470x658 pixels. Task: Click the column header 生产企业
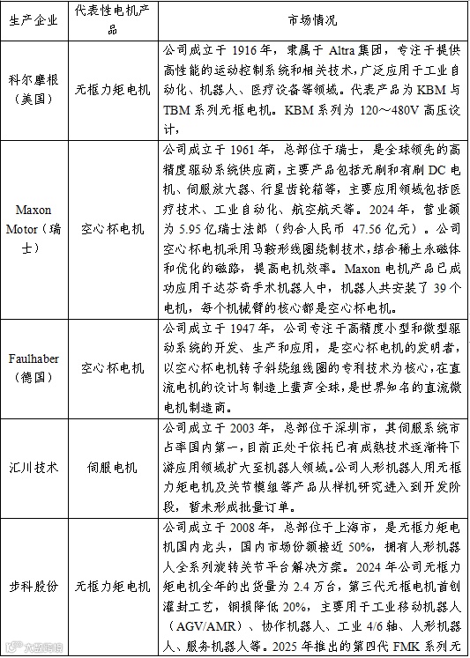pos(34,19)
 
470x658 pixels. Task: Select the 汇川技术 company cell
pos(34,468)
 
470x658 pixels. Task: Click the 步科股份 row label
pos(34,585)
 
